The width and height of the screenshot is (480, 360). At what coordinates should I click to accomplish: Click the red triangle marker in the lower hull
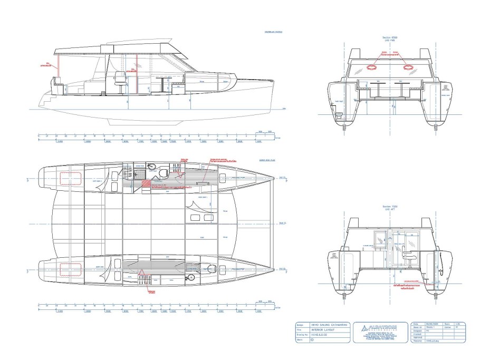click(x=142, y=273)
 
